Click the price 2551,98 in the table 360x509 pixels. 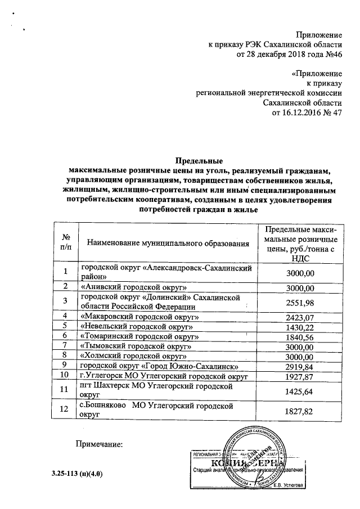[299, 301]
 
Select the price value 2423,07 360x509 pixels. [299, 317]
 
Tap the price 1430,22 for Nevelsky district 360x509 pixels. [299, 326]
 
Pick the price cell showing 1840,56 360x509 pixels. [299, 336]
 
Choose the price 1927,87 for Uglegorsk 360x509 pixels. [299, 375]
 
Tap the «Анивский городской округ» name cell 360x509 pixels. [133, 287]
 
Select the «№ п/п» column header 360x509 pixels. [65, 243]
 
